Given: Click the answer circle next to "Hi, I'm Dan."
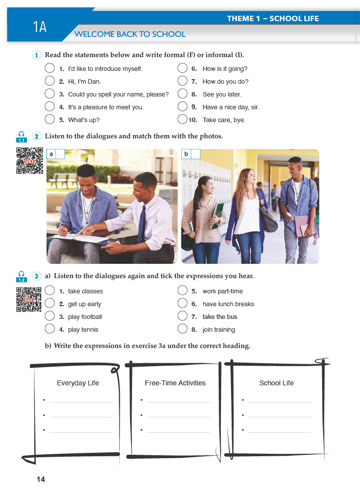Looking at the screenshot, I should point(49,81).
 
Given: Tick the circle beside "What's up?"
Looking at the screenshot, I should point(49,119).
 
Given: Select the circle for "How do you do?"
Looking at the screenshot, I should point(183,81).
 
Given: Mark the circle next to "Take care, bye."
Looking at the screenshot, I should point(183,119).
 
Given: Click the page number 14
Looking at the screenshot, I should point(40,479).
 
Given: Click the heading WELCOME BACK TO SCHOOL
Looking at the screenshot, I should point(130,34).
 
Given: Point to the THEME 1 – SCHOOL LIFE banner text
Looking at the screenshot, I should point(273,19).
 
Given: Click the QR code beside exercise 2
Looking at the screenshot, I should point(30,160).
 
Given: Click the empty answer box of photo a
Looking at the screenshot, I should point(60,154).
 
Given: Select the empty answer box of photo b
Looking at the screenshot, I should point(195,154).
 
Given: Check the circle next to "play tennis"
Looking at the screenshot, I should point(49,329).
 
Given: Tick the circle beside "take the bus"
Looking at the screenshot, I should point(183,316).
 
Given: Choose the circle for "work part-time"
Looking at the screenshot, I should point(183,291).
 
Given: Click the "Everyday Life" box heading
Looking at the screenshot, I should point(78,383).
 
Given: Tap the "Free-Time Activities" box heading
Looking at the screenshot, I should point(175,383).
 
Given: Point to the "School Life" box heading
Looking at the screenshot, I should point(276,383).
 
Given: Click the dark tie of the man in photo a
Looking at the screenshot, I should point(142,224).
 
